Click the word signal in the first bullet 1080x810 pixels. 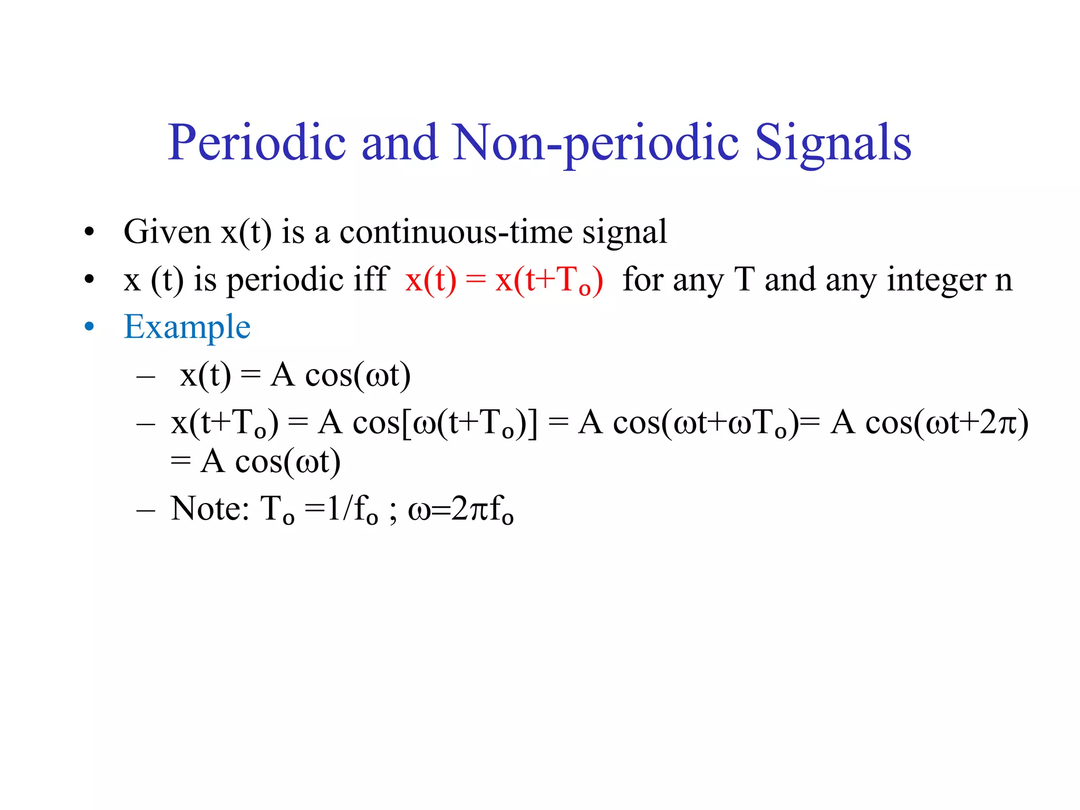pyautogui.click(x=624, y=233)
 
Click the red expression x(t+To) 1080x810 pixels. pyautogui.click(x=549, y=280)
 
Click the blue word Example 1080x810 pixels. pyautogui.click(x=187, y=327)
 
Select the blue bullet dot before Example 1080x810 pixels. pyautogui.click(x=89, y=327)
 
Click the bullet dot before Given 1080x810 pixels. pyautogui.click(x=89, y=232)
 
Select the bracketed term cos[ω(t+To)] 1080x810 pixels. pyautogui.click(x=445, y=423)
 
